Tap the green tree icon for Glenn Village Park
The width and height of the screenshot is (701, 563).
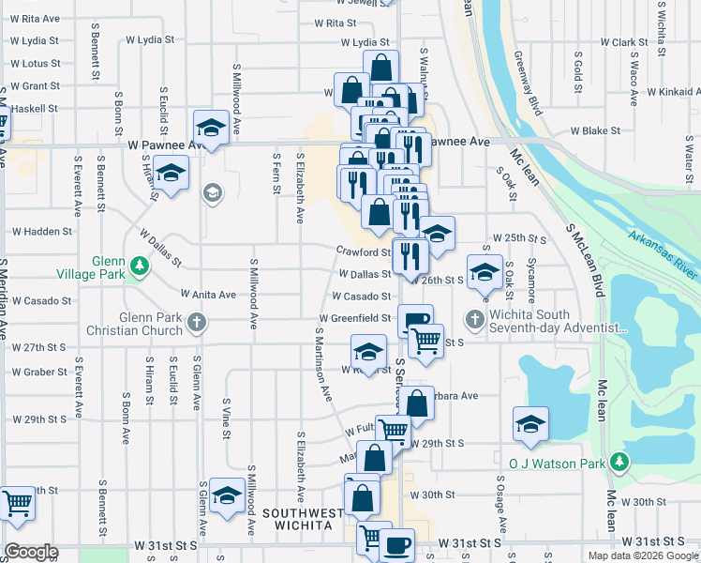140,266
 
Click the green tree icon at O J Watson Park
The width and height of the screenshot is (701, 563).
619,462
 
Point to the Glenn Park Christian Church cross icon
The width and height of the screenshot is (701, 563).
196,323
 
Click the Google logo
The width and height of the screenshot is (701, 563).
31,552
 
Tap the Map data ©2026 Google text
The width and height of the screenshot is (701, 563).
643,555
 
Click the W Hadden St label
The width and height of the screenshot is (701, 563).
41,231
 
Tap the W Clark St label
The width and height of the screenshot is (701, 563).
624,42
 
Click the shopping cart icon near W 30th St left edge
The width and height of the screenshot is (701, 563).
16,503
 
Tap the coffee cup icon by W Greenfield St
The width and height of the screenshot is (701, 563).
415,320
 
